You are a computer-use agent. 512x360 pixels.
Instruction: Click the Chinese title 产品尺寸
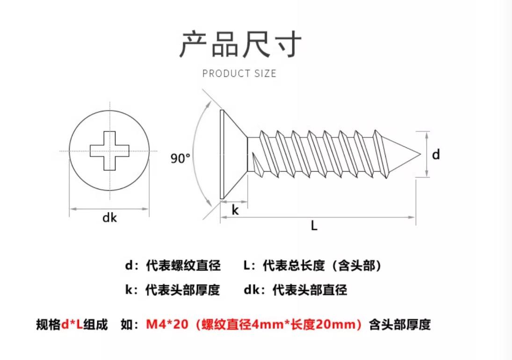click(x=240, y=44)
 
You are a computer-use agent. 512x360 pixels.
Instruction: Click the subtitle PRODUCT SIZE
click(x=239, y=73)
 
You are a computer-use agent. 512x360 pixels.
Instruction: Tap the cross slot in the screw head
click(x=109, y=151)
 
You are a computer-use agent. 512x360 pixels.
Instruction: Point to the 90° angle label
click(x=180, y=158)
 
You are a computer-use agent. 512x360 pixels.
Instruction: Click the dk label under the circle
click(x=109, y=217)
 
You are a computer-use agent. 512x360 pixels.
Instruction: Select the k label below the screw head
click(x=235, y=210)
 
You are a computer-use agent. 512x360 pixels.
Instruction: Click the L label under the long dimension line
click(x=314, y=225)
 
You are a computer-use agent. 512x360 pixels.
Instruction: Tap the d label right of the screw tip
click(x=436, y=154)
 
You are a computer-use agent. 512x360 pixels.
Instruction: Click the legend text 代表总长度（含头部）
click(x=322, y=266)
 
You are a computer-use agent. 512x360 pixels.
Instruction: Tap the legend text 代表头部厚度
click(x=182, y=290)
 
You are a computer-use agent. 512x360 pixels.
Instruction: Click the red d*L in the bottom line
click(x=72, y=324)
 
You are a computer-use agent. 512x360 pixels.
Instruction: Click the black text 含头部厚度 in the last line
click(x=400, y=324)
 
